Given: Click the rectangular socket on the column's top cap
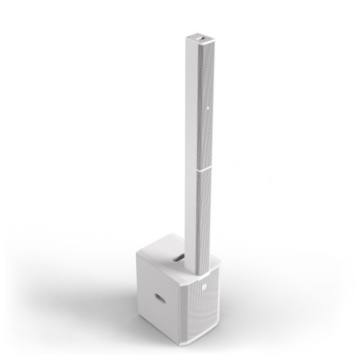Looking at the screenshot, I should click(200, 34).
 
